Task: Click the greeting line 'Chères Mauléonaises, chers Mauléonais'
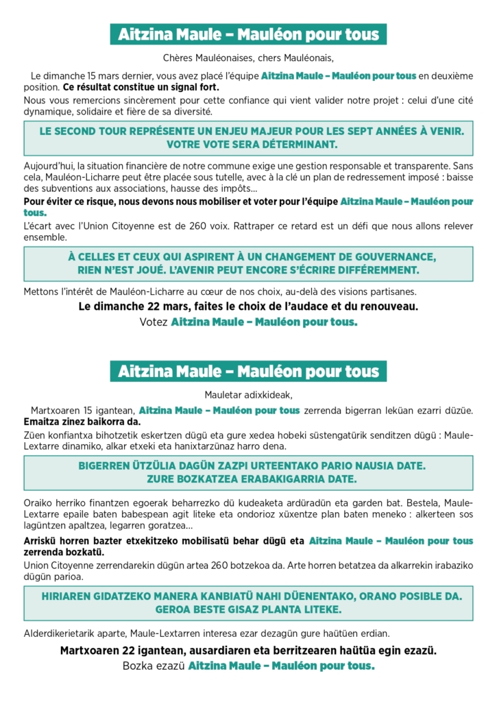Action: coord(248,58)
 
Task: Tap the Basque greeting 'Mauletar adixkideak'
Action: coord(248,394)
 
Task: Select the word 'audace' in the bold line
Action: coord(298,306)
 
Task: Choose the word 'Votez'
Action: coord(154,322)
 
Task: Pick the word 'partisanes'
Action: coord(390,291)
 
